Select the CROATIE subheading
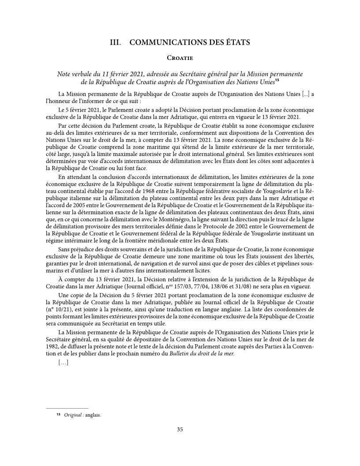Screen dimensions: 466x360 click(x=180, y=58)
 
